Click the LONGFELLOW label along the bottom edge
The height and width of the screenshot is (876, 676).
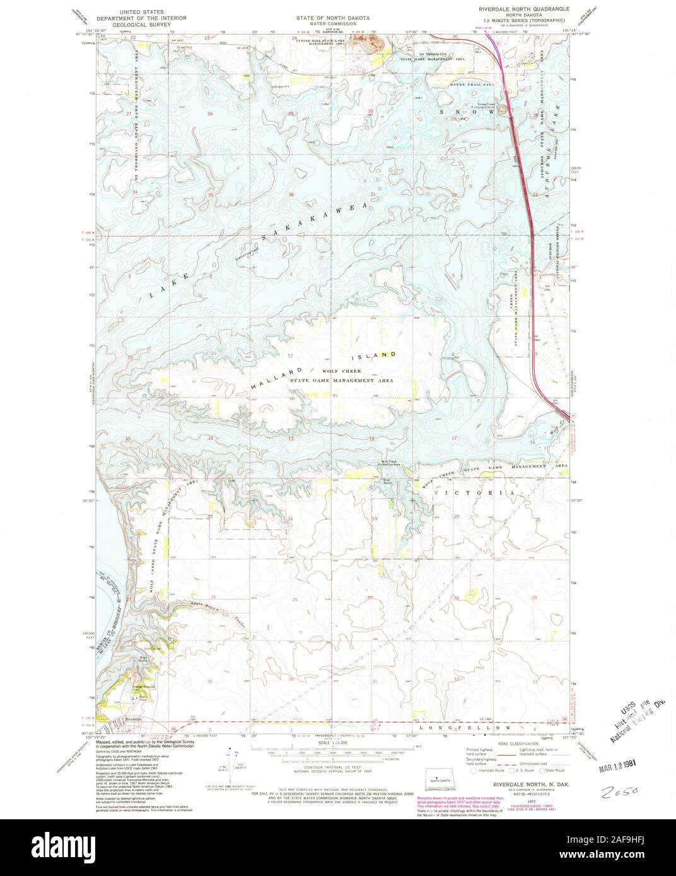pyautogui.click(x=477, y=728)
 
